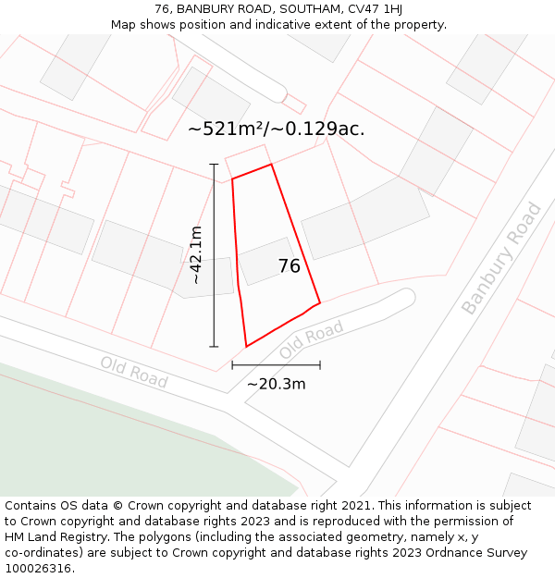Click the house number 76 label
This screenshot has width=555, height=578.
(289, 266)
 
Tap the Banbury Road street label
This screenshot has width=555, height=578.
(500, 258)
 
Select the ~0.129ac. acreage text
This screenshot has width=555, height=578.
(320, 129)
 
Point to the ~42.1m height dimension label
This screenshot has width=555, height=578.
(195, 255)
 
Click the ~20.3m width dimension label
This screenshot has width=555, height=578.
(276, 384)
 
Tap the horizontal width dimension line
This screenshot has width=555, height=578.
(276, 365)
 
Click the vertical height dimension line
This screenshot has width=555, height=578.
(214, 255)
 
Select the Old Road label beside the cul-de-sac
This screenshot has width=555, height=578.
(312, 340)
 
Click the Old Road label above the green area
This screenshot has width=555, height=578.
(134, 373)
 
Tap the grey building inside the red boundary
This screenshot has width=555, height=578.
(266, 262)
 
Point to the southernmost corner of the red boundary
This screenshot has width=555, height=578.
(246, 347)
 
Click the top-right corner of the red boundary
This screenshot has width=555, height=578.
(272, 165)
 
